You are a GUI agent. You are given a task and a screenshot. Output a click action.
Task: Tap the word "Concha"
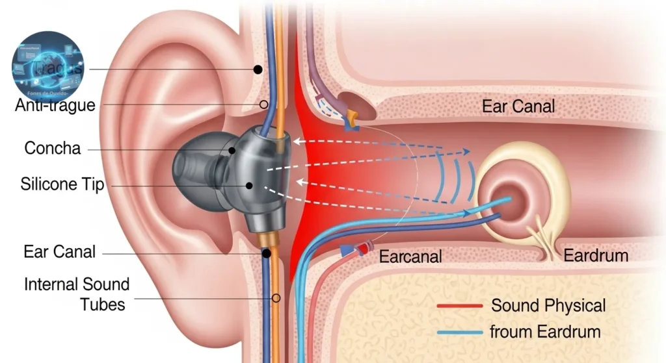(x=53, y=149)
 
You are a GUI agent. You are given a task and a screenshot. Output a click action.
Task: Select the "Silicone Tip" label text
(x=62, y=186)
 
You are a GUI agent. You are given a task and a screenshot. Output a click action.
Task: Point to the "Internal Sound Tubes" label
(x=77, y=294)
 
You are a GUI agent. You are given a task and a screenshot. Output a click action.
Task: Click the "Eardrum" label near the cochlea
(x=596, y=255)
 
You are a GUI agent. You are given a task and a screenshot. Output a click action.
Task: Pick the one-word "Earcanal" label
(x=410, y=256)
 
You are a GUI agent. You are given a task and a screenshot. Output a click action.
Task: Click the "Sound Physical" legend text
(x=548, y=305)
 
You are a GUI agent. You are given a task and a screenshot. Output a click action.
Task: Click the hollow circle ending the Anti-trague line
(x=263, y=104)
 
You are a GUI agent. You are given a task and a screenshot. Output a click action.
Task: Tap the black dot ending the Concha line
(x=232, y=150)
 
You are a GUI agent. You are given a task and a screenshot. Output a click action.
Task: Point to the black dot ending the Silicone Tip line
(x=249, y=186)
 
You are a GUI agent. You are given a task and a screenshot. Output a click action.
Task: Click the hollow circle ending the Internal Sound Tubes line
(x=276, y=299)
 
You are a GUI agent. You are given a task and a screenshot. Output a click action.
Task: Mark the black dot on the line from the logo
(x=258, y=69)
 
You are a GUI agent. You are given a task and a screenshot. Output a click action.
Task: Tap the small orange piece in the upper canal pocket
(x=352, y=118)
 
